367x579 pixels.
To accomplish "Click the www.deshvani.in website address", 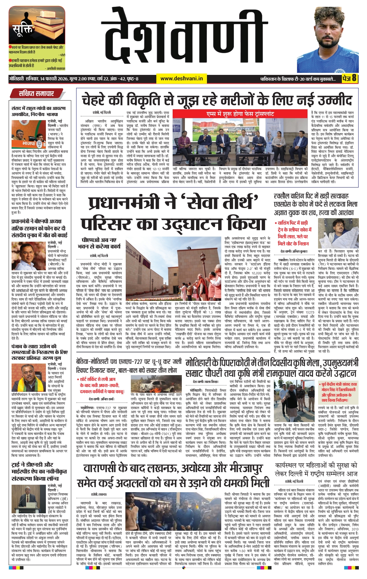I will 181,78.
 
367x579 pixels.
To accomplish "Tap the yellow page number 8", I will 354,78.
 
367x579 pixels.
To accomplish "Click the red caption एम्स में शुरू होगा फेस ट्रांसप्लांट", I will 240,114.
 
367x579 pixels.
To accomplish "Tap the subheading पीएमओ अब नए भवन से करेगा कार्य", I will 99,243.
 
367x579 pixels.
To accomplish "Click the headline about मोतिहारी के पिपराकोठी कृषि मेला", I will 272,368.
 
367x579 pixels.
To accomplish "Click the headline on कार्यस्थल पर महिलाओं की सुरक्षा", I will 316,469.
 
